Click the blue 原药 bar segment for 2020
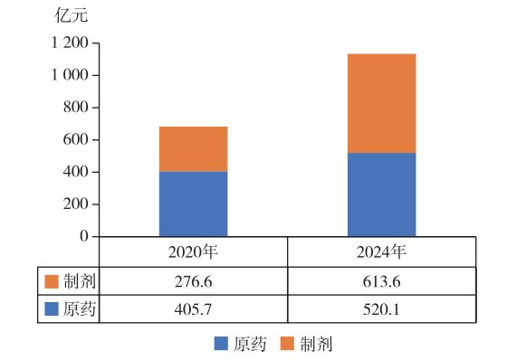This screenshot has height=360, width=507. tap(193, 204)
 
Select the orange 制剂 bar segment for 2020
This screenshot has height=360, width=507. tap(193, 148)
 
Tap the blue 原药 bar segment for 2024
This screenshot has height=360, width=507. tap(381, 194)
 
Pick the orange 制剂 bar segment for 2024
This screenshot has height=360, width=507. tap(381, 103)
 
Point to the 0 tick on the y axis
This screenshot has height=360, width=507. tap(83, 236)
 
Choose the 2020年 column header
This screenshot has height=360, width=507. tap(193, 251)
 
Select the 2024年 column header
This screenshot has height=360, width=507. tap(381, 251)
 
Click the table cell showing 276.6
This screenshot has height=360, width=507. tap(193, 281)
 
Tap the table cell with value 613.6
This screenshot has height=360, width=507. tap(381, 281)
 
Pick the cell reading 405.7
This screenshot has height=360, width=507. tap(193, 309)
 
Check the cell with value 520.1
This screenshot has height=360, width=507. tap(381, 309)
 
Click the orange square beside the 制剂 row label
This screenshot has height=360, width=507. tap(51, 281)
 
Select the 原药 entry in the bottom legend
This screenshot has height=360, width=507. tap(239, 344)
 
